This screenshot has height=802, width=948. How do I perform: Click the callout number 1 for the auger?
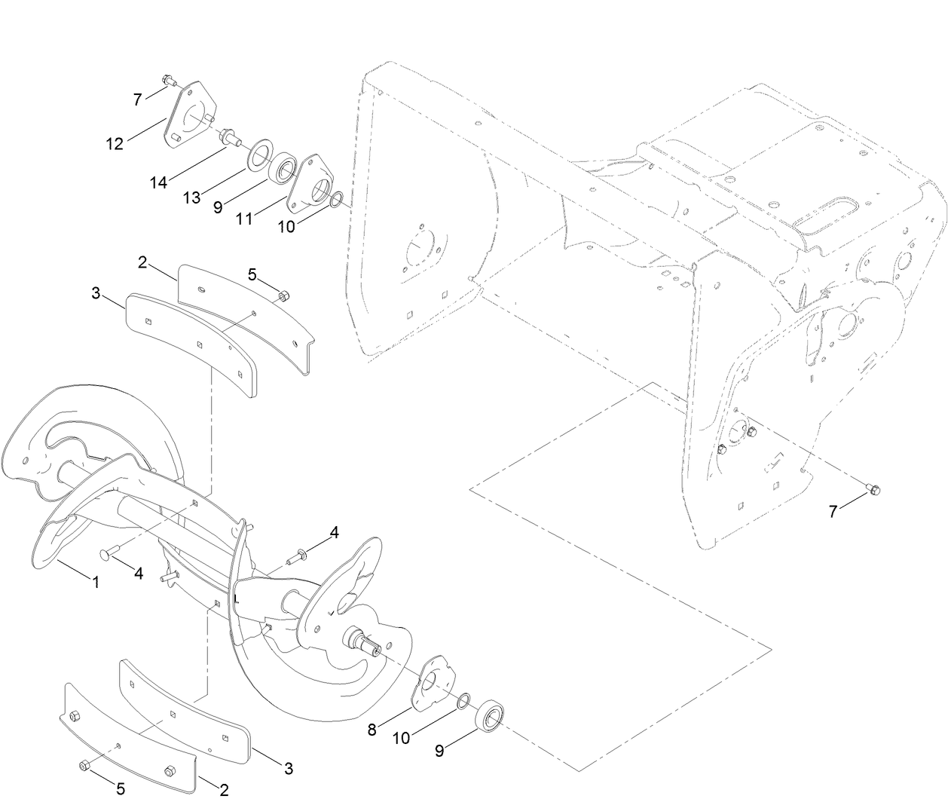click(x=96, y=582)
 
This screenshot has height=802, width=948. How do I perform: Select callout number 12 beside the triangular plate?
click(x=115, y=143)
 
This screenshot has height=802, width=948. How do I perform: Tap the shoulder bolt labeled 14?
click(x=227, y=139)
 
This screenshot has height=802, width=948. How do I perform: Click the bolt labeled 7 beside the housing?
click(x=873, y=490)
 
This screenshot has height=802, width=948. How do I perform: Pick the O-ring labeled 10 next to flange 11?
click(x=338, y=200)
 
